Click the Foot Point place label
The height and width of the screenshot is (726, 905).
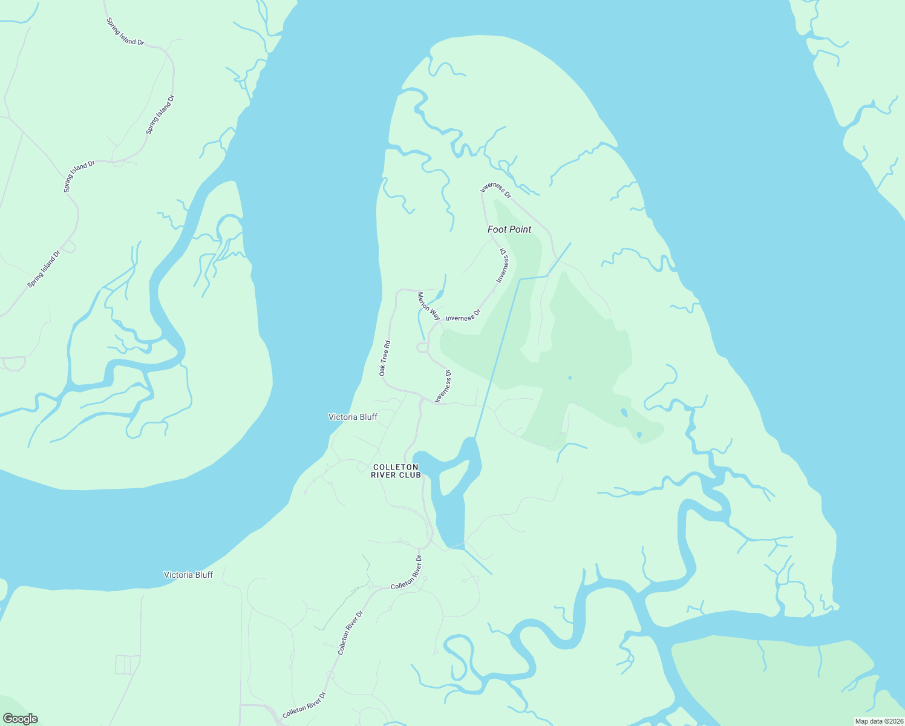[x=509, y=229]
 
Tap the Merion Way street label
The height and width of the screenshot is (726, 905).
[x=428, y=306]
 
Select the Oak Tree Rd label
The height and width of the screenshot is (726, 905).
[x=385, y=358]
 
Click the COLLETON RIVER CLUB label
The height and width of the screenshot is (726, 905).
[x=396, y=471]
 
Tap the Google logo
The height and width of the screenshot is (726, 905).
[x=20, y=719]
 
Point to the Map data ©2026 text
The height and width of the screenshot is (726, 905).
[x=878, y=721]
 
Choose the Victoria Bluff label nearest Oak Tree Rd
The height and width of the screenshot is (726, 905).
[x=353, y=417]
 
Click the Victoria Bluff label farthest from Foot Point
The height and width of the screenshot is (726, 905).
[x=188, y=575]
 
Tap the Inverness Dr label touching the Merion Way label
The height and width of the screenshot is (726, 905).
[x=463, y=316]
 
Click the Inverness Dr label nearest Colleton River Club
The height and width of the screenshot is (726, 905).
[x=444, y=386]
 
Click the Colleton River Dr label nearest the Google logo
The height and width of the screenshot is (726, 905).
[x=304, y=705]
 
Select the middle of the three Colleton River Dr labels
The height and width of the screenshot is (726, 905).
[x=350, y=632]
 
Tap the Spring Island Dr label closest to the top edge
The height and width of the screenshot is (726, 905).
[x=125, y=31]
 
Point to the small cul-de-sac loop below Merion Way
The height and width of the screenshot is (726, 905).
[x=422, y=347]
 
